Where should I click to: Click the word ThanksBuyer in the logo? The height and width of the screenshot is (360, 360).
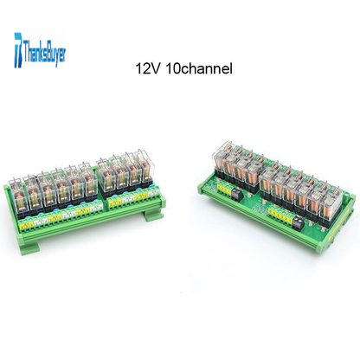[44, 54]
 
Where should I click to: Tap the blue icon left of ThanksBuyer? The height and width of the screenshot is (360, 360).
[18, 50]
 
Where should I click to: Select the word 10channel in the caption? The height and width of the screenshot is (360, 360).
[199, 69]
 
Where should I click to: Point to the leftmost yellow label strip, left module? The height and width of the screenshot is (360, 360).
[27, 223]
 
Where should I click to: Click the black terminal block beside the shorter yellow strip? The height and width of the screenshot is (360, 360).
[236, 195]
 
